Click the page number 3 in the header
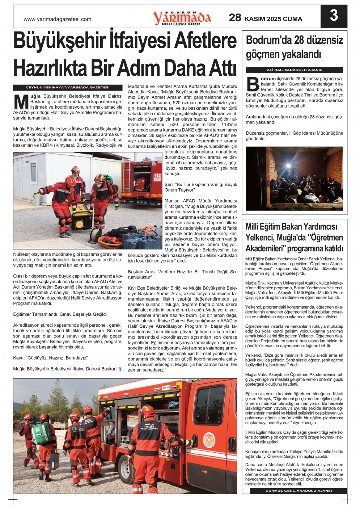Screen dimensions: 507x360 334,16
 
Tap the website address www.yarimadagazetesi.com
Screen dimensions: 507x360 57,19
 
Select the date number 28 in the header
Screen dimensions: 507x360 235,17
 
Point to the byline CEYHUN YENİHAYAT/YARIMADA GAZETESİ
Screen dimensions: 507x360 68,88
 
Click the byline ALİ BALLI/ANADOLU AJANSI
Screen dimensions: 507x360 294,70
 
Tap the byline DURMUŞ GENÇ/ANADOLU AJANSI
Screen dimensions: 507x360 298,491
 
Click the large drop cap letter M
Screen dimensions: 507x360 21,102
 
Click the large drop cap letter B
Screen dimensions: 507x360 253,84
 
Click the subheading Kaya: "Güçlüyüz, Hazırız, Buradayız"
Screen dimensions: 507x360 50,358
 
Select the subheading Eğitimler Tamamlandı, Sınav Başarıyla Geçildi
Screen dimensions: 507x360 60,314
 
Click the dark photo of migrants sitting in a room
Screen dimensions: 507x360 294,178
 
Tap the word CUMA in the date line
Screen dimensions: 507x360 293,19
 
